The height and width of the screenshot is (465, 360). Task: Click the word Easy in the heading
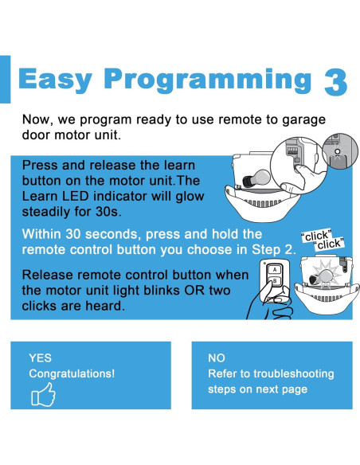55,79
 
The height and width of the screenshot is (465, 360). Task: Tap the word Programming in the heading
208,79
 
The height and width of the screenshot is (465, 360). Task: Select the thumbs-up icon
43,394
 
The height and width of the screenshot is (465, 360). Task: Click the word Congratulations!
72,373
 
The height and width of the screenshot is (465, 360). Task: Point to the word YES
40,358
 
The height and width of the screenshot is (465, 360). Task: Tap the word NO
217,358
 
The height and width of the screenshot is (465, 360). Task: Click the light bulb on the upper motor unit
256,178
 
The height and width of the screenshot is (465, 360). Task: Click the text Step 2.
274,250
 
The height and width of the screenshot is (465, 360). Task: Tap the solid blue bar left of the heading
5,79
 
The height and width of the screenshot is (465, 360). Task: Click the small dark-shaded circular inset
339,151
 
